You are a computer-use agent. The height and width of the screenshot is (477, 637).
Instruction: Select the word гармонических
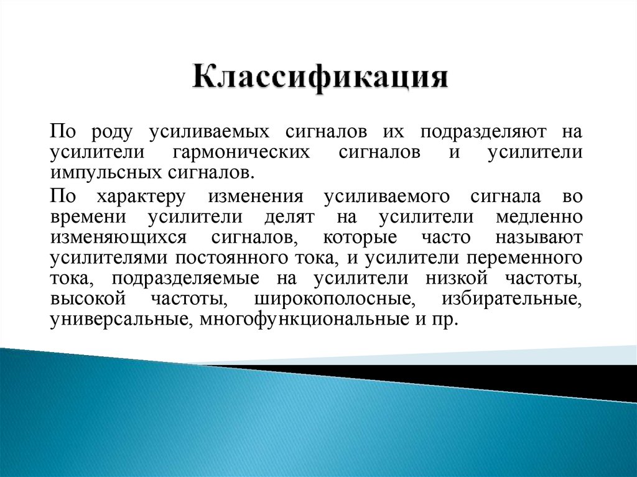click(x=242, y=152)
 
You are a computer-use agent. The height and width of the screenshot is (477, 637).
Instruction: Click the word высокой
click(x=89, y=299)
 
